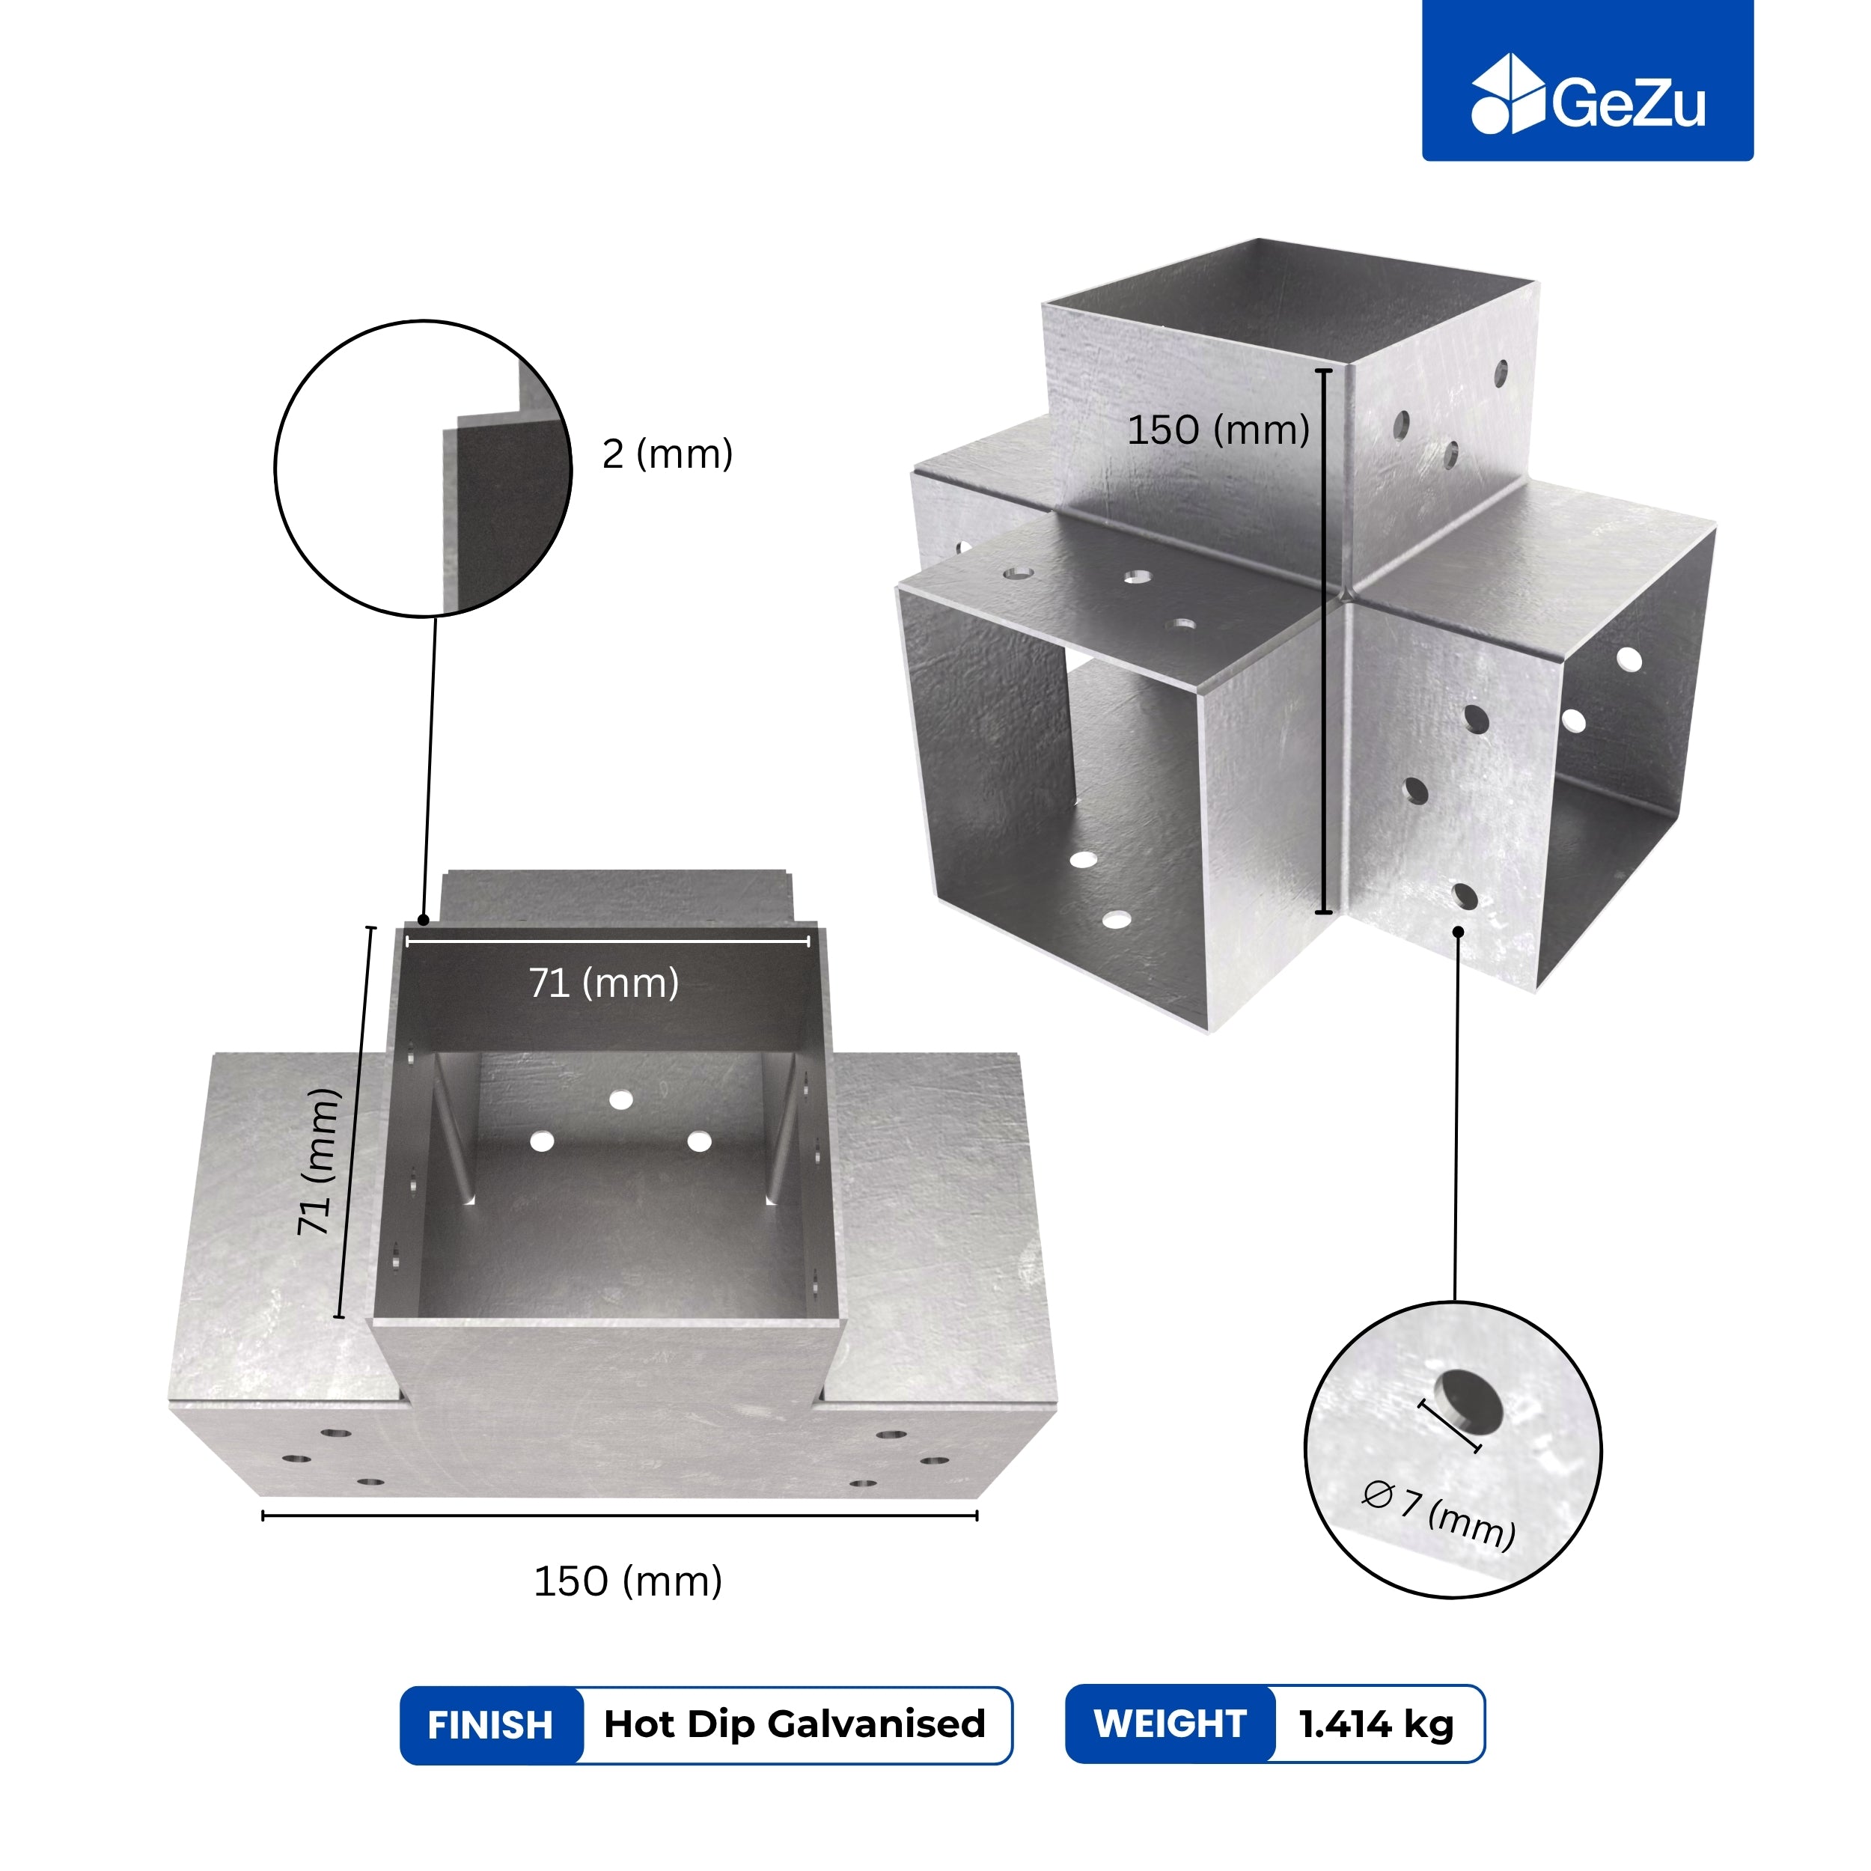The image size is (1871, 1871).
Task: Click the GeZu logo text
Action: tap(1629, 103)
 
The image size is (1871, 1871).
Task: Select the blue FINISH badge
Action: tap(491, 1725)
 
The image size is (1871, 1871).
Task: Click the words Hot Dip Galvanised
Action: tap(794, 1724)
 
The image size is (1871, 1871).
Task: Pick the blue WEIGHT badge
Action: tap(1170, 1724)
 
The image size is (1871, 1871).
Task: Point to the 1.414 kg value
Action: tap(1376, 1724)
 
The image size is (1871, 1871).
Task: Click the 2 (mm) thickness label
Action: tap(668, 454)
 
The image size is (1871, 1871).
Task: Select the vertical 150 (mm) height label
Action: tap(1218, 429)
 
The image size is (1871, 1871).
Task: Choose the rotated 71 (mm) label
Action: tap(320, 1162)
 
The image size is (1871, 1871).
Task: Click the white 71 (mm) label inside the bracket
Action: tap(603, 983)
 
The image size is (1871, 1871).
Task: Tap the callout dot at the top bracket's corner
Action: tap(423, 920)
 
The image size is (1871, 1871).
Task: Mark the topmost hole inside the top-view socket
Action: tap(620, 1099)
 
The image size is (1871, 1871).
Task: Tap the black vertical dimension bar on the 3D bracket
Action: tap(1325, 640)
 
